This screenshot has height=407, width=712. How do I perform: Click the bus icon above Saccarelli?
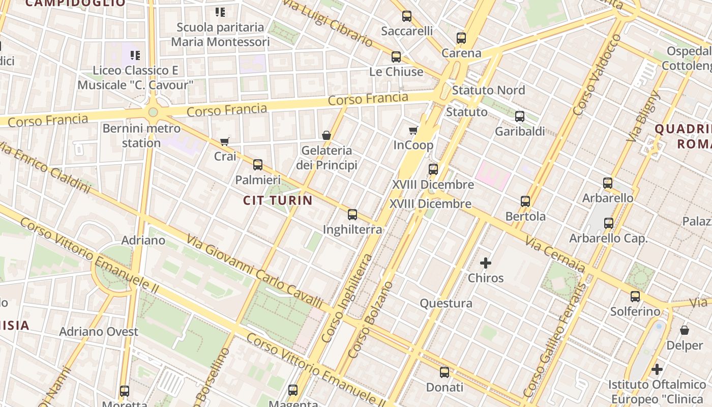click(x=407, y=16)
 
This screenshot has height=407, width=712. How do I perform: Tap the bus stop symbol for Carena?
click(x=461, y=38)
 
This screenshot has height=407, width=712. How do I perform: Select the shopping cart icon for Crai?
click(x=225, y=141)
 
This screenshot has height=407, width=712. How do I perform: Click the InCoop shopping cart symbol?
click(x=413, y=131)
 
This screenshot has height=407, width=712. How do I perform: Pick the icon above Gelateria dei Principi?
click(x=327, y=135)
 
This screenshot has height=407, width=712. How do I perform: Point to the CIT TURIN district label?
click(x=278, y=200)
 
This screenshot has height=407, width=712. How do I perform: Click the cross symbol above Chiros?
click(x=486, y=263)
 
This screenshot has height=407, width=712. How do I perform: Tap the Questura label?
click(x=446, y=304)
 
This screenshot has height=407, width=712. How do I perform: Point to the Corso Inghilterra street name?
click(x=347, y=298)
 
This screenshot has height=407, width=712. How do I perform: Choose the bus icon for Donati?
click(x=444, y=372)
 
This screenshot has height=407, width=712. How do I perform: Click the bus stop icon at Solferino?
click(x=635, y=297)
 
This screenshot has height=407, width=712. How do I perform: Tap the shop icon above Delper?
click(x=685, y=331)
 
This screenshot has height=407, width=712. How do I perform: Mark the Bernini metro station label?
click(x=141, y=135)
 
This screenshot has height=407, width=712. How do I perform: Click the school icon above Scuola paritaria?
click(x=220, y=12)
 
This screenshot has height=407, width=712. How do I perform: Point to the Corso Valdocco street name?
click(x=597, y=75)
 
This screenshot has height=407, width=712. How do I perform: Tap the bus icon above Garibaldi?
click(x=520, y=117)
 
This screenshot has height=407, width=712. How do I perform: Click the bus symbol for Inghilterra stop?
click(x=352, y=215)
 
